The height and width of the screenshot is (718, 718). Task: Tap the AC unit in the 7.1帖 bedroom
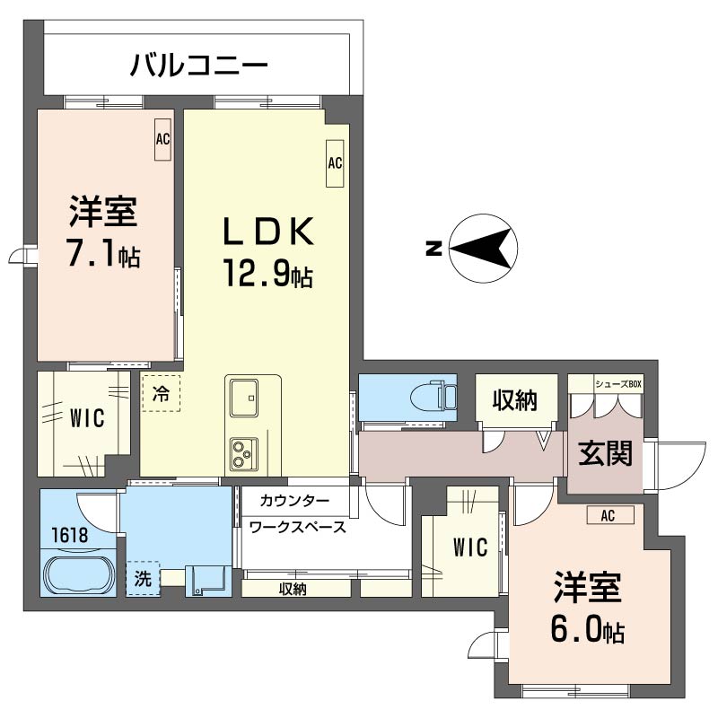[162, 140]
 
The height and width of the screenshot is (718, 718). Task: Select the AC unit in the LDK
[335, 163]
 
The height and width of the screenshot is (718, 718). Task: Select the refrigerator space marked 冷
[161, 392]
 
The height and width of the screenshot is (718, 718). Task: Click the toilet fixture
[431, 396]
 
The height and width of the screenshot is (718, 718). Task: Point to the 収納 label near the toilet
[514, 401]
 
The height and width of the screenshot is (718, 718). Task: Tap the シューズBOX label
[618, 384]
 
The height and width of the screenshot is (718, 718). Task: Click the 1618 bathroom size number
[69, 535]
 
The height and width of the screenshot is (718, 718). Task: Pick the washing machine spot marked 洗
[143, 579]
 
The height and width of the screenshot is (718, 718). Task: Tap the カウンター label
[295, 500]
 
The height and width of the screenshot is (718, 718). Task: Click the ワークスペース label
[298, 527]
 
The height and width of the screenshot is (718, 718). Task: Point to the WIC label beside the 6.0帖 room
[469, 547]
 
